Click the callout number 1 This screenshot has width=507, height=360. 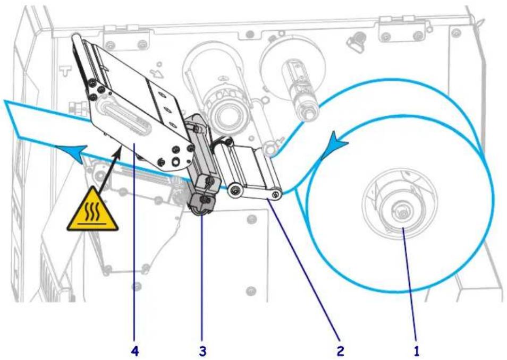417,350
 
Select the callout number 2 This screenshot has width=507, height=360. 340,350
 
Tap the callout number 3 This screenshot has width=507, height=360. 202,350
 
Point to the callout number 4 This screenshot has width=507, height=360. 135,350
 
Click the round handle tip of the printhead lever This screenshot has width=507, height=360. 77,38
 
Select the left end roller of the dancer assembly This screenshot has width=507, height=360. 235,190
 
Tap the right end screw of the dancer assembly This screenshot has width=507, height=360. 275,194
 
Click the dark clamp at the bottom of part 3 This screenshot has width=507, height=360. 201,203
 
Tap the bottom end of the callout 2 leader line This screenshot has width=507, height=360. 339,339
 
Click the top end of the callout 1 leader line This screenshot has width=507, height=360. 403,228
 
